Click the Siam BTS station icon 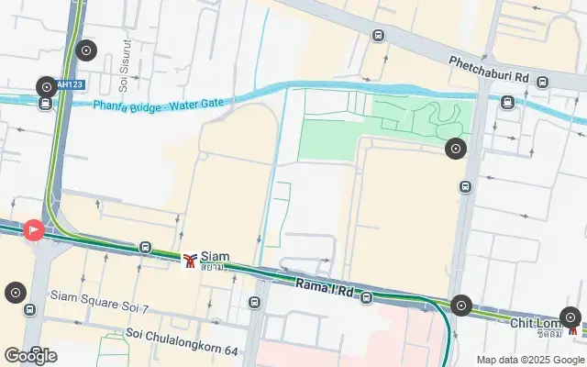click(x=190, y=261)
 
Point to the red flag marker click(x=33, y=229)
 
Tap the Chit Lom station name click(x=536, y=322)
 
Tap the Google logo click(x=29, y=356)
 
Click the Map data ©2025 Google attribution click(x=529, y=360)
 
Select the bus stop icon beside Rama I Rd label click(x=366, y=298)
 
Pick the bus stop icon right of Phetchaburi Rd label click(x=543, y=81)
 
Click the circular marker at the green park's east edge click(x=456, y=148)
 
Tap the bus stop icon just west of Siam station click(x=145, y=247)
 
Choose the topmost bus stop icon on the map click(x=378, y=35)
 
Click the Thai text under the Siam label click(x=213, y=267)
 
